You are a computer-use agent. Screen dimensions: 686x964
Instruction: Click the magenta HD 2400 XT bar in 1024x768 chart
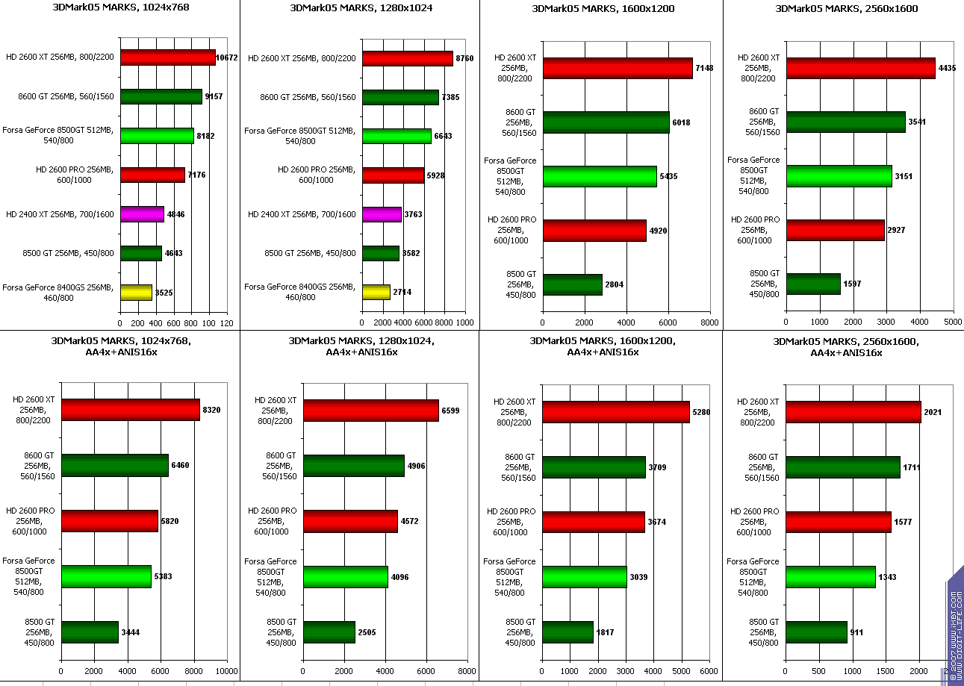coord(142,214)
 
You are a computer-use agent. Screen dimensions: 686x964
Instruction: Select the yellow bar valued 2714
coord(376,292)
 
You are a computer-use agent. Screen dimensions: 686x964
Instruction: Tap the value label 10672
coord(226,57)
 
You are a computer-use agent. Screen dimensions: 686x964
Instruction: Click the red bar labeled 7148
coord(618,68)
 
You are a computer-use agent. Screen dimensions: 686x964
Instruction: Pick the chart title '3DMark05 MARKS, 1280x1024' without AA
coord(361,8)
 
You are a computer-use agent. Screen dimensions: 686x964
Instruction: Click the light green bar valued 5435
coord(600,176)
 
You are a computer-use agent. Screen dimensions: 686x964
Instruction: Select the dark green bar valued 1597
coord(813,284)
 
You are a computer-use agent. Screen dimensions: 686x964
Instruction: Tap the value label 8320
coord(211,410)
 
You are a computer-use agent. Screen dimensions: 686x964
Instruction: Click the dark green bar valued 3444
coord(90,632)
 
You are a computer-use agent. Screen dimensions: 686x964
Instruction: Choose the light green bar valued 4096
coord(346,577)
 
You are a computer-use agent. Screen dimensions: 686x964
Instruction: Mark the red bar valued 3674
coord(594,522)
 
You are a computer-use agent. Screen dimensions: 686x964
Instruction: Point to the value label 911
coord(858,632)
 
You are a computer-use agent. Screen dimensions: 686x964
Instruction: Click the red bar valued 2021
coord(853,412)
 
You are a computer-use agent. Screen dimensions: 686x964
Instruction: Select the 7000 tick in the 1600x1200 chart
coord(688,322)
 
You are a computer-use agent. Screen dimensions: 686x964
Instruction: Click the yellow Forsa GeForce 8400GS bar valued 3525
coord(136,292)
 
